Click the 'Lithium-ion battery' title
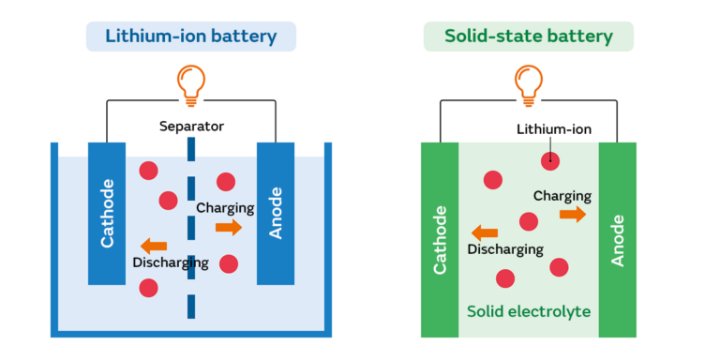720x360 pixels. [x=191, y=37]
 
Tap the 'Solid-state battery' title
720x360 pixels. [x=528, y=37]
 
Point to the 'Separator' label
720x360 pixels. [x=191, y=126]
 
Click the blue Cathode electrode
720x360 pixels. [x=107, y=213]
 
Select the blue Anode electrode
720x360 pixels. [x=276, y=213]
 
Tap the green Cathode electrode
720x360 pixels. [x=439, y=239]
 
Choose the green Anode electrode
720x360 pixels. [x=618, y=239]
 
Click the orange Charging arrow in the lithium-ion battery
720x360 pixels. [x=228, y=228]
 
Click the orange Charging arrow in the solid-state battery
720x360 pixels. [x=572, y=215]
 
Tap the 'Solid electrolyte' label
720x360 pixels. [x=530, y=310]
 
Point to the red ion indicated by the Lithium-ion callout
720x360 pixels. [x=550, y=160]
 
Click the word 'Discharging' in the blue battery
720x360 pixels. [x=171, y=262]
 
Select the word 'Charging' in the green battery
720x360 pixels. [x=562, y=196]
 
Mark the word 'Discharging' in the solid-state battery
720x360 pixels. [x=505, y=249]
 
